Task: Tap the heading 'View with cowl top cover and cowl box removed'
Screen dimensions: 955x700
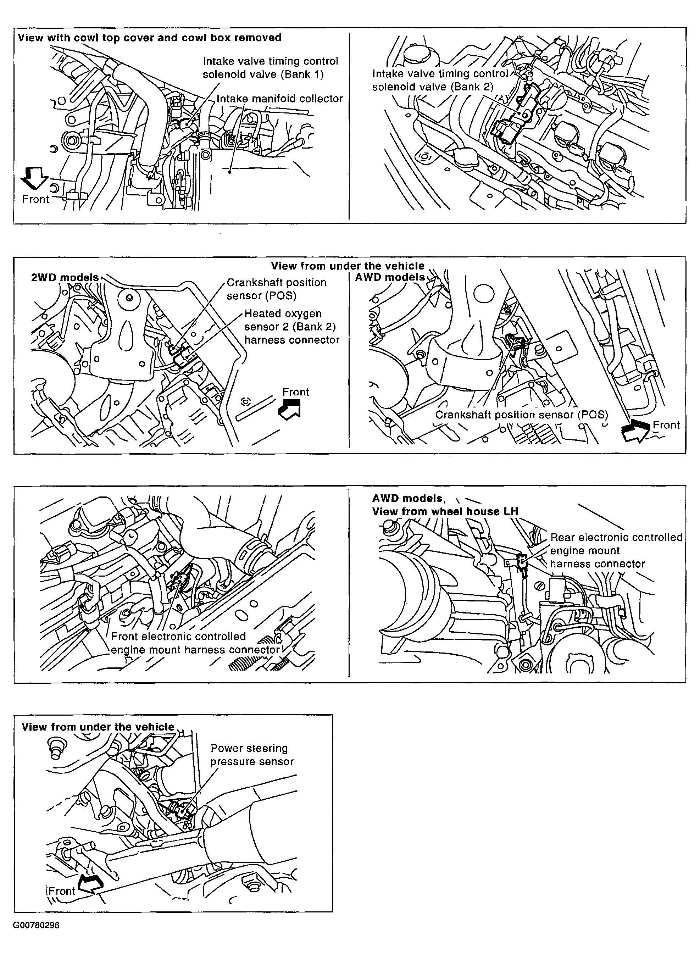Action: (150, 38)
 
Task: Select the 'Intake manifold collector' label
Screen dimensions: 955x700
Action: (280, 99)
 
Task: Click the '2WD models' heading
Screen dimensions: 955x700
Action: (65, 278)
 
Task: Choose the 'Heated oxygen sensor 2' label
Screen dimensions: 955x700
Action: (291, 327)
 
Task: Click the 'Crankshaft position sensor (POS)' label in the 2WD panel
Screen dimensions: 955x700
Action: (276, 289)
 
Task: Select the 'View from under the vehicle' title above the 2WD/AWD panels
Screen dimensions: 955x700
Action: (348, 266)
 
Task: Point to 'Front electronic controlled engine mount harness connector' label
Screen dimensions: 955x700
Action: (195, 643)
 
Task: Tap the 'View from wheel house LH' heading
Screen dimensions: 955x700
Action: (445, 511)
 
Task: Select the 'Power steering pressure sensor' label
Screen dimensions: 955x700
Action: (252, 755)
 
